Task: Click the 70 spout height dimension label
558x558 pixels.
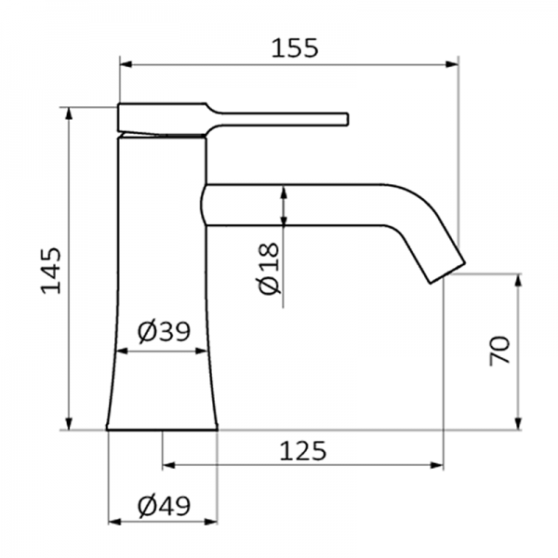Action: pos(499,352)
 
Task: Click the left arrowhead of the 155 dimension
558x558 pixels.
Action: pos(126,64)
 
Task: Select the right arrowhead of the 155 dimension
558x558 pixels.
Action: pos(454,64)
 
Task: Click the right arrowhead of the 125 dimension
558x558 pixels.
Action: pos(438,465)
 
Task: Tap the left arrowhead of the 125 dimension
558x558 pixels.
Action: pos(168,465)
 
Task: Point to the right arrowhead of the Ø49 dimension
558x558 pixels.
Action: pos(212,521)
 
